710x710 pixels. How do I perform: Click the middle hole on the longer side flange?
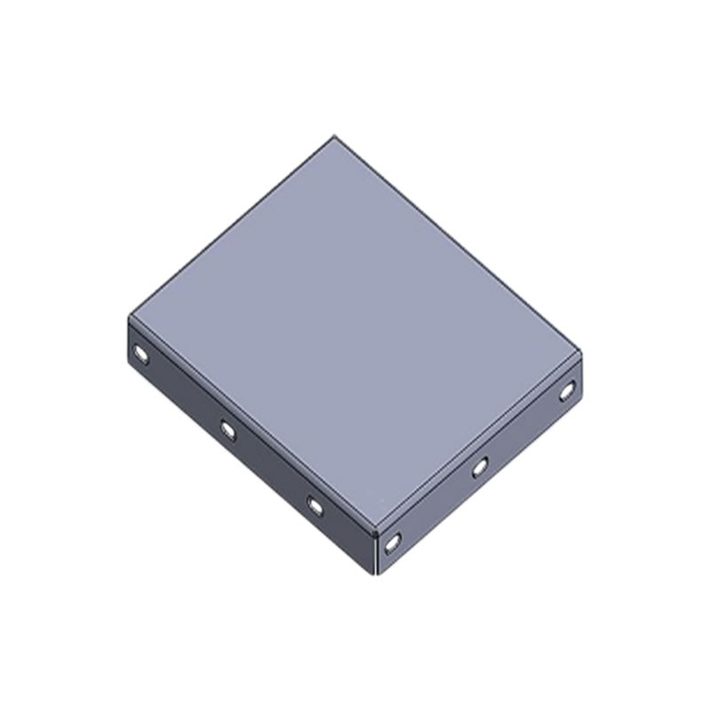(228, 430)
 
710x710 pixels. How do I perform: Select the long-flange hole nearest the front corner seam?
(315, 505)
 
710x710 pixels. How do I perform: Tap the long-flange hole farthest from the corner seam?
(141, 356)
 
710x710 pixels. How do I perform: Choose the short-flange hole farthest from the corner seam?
(567, 388)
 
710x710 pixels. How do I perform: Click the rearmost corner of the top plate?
(334, 136)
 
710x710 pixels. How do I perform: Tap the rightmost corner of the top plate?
(584, 358)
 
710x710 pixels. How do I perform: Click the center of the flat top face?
(355, 333)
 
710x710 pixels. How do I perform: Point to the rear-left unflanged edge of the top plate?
(231, 225)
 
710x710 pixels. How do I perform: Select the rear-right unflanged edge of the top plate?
(459, 247)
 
